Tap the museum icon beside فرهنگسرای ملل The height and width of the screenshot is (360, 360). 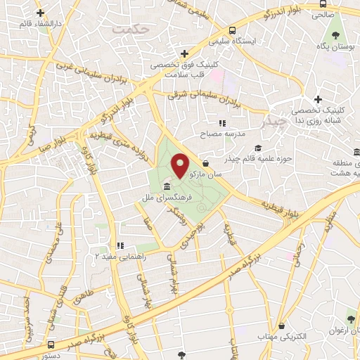click(x=167, y=186)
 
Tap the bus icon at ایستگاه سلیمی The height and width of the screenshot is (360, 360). click(x=233, y=30)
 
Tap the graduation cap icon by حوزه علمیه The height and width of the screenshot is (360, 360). click(x=258, y=148)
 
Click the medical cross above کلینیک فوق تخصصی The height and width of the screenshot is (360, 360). click(x=184, y=53)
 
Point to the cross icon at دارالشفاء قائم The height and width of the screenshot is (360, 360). click(x=40, y=13)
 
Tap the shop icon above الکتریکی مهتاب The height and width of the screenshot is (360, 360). click(x=282, y=326)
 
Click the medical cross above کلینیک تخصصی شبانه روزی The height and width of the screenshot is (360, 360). click(x=318, y=99)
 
